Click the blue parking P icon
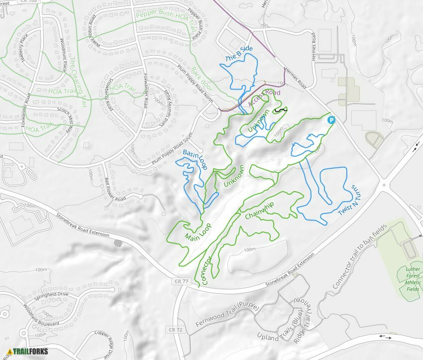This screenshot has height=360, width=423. (x=331, y=120)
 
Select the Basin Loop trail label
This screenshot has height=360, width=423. (x=195, y=160)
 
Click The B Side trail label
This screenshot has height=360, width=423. (x=239, y=54)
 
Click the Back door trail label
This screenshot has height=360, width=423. (x=202, y=79)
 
